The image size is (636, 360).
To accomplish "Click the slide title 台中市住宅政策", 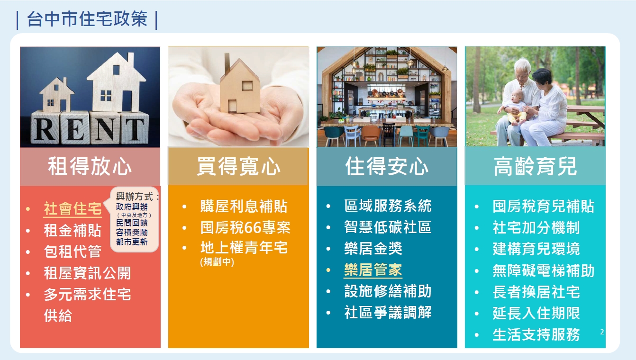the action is pyautogui.click(x=87, y=19).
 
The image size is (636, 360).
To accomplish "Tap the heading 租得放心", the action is pyautogui.click(x=90, y=167).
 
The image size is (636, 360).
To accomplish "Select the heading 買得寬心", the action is pyautogui.click(x=238, y=167).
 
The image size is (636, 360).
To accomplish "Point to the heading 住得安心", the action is pyautogui.click(x=387, y=167).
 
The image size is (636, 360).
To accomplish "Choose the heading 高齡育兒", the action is pyautogui.click(x=535, y=167).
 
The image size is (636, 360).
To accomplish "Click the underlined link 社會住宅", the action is pyautogui.click(x=73, y=209).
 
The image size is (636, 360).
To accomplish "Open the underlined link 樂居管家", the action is pyautogui.click(x=373, y=270).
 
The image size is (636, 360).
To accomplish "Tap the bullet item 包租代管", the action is pyautogui.click(x=73, y=252).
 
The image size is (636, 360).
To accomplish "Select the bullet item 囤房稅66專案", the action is pyautogui.click(x=245, y=227).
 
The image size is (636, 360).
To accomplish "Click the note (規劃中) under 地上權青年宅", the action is pyautogui.click(x=217, y=261).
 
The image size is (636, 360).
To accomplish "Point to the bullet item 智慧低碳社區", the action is pyautogui.click(x=388, y=227).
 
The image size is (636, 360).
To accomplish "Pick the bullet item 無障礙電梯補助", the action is pyautogui.click(x=544, y=270).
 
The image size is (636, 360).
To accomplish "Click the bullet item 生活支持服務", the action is pyautogui.click(x=536, y=335).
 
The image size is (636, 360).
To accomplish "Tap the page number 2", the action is pyautogui.click(x=602, y=332).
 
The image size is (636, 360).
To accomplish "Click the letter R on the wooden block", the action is pyautogui.click(x=45, y=129).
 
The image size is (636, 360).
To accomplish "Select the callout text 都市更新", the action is pyautogui.click(x=132, y=242).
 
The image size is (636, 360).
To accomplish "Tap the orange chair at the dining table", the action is pyautogui.click(x=371, y=133).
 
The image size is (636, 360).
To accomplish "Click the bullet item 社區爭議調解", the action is pyautogui.click(x=388, y=313).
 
